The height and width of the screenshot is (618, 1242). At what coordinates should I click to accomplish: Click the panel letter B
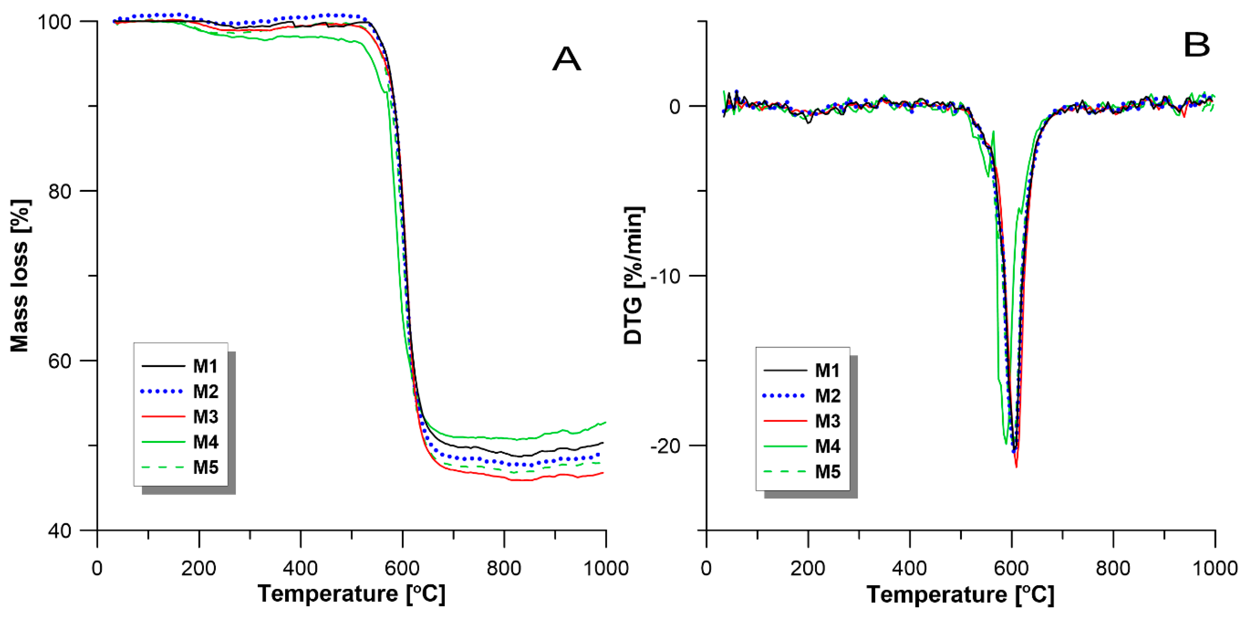click(x=1197, y=45)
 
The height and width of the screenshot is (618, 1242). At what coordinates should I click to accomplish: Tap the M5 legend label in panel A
click(x=206, y=467)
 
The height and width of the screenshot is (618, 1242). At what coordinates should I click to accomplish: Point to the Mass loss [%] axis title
click(x=20, y=276)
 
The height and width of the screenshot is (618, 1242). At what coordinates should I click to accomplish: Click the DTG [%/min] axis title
click(x=634, y=276)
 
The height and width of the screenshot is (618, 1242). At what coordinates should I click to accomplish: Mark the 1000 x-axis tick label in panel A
click(x=605, y=569)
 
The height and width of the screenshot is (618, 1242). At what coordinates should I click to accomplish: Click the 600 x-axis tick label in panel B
click(x=1011, y=569)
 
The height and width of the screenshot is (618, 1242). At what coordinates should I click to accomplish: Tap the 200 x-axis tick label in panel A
click(x=199, y=569)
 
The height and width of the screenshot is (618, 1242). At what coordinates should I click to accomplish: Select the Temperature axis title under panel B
click(x=961, y=594)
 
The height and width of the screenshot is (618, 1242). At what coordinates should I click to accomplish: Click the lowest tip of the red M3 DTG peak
click(x=1016, y=467)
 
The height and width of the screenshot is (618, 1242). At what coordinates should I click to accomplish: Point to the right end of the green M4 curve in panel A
click(x=605, y=422)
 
